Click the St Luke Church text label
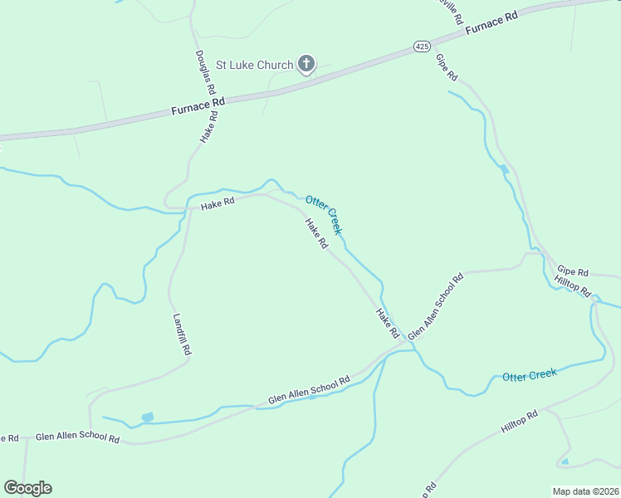click(x=254, y=65)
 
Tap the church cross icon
click(x=306, y=63)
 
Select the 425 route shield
click(x=421, y=47)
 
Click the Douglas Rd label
click(x=205, y=71)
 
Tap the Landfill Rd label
click(x=182, y=334)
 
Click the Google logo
click(x=27, y=488)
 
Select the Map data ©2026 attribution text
click(x=584, y=491)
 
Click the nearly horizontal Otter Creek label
click(x=529, y=375)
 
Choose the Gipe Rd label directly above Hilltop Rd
click(x=572, y=271)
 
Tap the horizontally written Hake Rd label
click(x=217, y=201)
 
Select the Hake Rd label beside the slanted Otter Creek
click(x=316, y=234)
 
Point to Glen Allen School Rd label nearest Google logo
click(x=77, y=437)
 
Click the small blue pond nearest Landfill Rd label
click(x=148, y=417)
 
